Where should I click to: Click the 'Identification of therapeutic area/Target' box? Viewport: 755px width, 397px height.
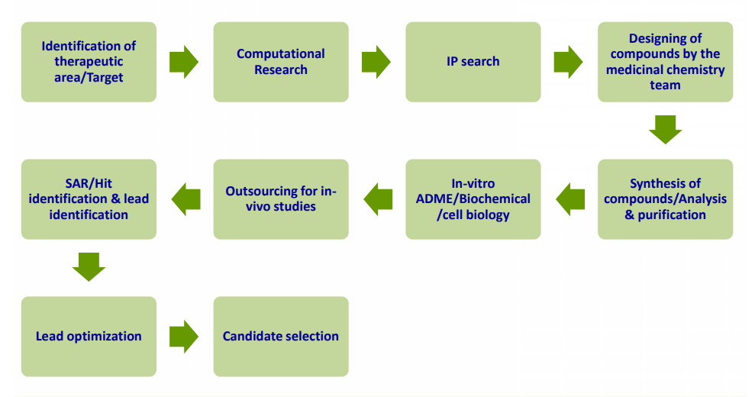coord(89,62)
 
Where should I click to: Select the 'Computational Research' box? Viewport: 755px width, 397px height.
coord(281,62)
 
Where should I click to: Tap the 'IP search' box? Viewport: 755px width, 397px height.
coord(473,62)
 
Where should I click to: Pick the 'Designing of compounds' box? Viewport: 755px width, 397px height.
coord(665,62)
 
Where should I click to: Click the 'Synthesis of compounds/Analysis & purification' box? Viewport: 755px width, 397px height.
coord(665,199)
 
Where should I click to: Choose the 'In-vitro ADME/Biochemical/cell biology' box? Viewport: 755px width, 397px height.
coord(473,199)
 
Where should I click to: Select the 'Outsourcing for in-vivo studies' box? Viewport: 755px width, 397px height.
coord(281,199)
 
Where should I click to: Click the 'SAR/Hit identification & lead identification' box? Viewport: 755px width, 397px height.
coord(89,199)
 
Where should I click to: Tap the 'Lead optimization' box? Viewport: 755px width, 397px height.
coord(89,336)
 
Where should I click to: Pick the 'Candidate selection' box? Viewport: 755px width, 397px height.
coord(281,336)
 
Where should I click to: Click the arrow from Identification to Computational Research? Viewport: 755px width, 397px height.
coord(184,62)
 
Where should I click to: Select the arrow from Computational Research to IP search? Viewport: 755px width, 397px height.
coord(376,62)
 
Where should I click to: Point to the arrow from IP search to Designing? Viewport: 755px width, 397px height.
coord(568,62)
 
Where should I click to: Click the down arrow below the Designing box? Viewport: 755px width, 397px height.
coord(666,130)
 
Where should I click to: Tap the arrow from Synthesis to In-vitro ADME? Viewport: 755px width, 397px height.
coord(570,199)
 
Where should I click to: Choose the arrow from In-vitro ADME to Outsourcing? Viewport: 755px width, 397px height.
coord(378,199)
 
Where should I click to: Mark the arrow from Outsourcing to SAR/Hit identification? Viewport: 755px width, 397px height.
coord(186,199)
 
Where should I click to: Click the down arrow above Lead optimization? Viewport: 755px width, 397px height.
coord(89,267)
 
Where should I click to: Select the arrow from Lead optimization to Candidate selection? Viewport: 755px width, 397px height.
coord(184,336)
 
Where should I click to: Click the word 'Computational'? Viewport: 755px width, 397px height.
coord(281,53)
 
